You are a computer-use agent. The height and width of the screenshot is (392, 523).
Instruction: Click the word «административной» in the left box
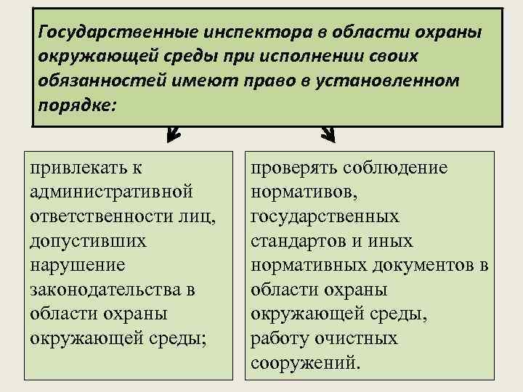112,192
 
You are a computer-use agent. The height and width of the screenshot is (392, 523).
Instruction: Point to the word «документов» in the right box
415,265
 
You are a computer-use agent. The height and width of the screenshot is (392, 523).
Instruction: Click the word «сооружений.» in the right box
304,362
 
